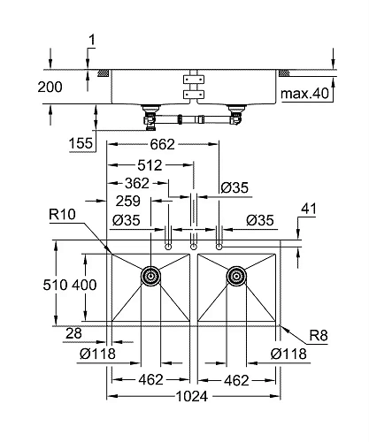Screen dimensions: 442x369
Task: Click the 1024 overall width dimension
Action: [x=194, y=397]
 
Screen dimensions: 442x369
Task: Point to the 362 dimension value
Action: [x=136, y=184]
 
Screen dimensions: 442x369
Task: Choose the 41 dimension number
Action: [x=309, y=210]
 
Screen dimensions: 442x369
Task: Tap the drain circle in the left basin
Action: [x=151, y=276]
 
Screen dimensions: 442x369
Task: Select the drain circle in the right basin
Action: [x=236, y=276]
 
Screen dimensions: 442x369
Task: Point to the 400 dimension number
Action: [x=85, y=286]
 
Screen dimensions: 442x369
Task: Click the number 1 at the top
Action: [x=90, y=40]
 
